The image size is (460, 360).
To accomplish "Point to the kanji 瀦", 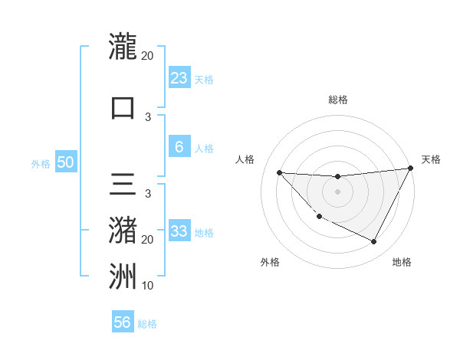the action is point(123,230).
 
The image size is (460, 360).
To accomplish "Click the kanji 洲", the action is point(123,275).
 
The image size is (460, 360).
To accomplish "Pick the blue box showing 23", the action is point(179,77).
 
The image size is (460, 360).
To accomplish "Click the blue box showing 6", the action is point(179,147).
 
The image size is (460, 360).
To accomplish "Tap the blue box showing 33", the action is point(179,231).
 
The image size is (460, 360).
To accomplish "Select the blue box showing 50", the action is point(65,162).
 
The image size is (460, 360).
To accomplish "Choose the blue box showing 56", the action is point(123,322).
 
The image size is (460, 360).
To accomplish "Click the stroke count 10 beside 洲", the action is point(148,286).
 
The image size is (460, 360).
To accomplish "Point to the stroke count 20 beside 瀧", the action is point(148,56).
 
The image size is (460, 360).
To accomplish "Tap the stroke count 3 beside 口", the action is point(148,117).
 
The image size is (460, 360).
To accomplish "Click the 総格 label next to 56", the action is point(147,324).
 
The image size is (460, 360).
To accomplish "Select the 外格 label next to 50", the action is point(41,163).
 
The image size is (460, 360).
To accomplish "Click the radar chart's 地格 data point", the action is point(374,242).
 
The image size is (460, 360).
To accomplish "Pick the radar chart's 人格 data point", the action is point(279,172).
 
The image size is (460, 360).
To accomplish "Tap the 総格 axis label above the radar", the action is point(337,100).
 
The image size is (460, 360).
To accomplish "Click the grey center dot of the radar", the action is point(337,191).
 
